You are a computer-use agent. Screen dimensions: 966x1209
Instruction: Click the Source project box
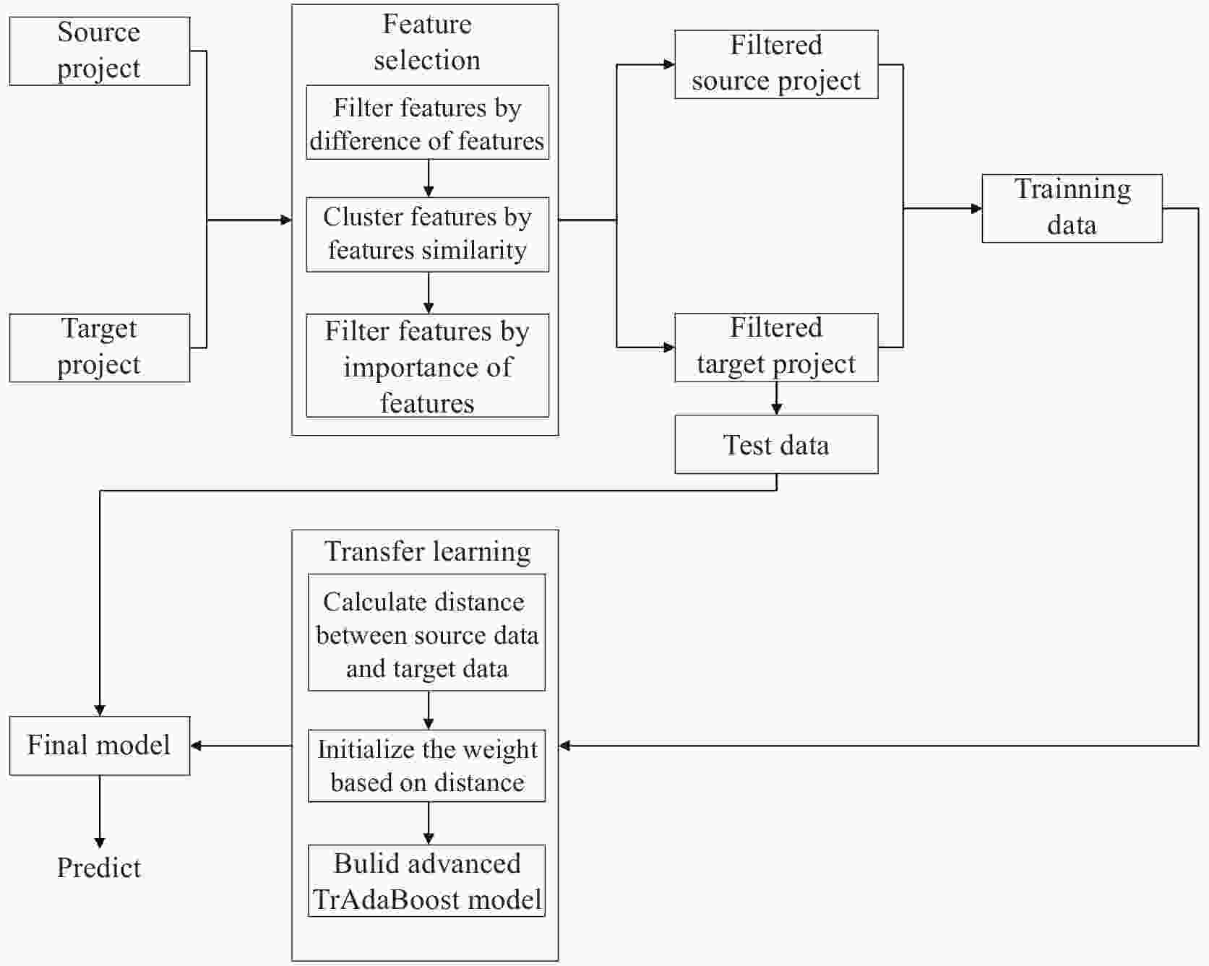[100, 51]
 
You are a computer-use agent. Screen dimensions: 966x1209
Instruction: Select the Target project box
[100, 348]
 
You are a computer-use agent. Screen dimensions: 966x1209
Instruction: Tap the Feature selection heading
[426, 42]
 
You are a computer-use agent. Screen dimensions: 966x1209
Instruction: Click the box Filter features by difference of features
[427, 123]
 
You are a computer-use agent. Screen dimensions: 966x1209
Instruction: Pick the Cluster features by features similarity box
[427, 234]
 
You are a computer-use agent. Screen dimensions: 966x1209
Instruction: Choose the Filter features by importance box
[427, 366]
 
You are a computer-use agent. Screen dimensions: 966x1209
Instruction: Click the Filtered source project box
[776, 64]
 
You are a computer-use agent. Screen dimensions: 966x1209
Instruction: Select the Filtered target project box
[776, 348]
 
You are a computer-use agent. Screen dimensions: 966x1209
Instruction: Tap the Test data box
[776, 444]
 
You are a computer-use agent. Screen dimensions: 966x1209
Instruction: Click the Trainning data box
[1072, 208]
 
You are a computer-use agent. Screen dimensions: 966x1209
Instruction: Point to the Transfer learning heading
[426, 551]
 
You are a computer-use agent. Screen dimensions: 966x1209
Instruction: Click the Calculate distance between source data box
[426, 633]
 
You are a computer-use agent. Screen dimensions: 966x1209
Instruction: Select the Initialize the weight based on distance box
[426, 766]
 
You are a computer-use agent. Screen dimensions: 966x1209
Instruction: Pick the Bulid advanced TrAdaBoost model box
[426, 881]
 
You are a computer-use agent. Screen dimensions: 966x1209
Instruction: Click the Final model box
[100, 746]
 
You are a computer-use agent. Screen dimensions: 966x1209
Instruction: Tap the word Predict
[99, 868]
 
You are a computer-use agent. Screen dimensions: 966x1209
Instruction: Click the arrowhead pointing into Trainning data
[976, 208]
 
